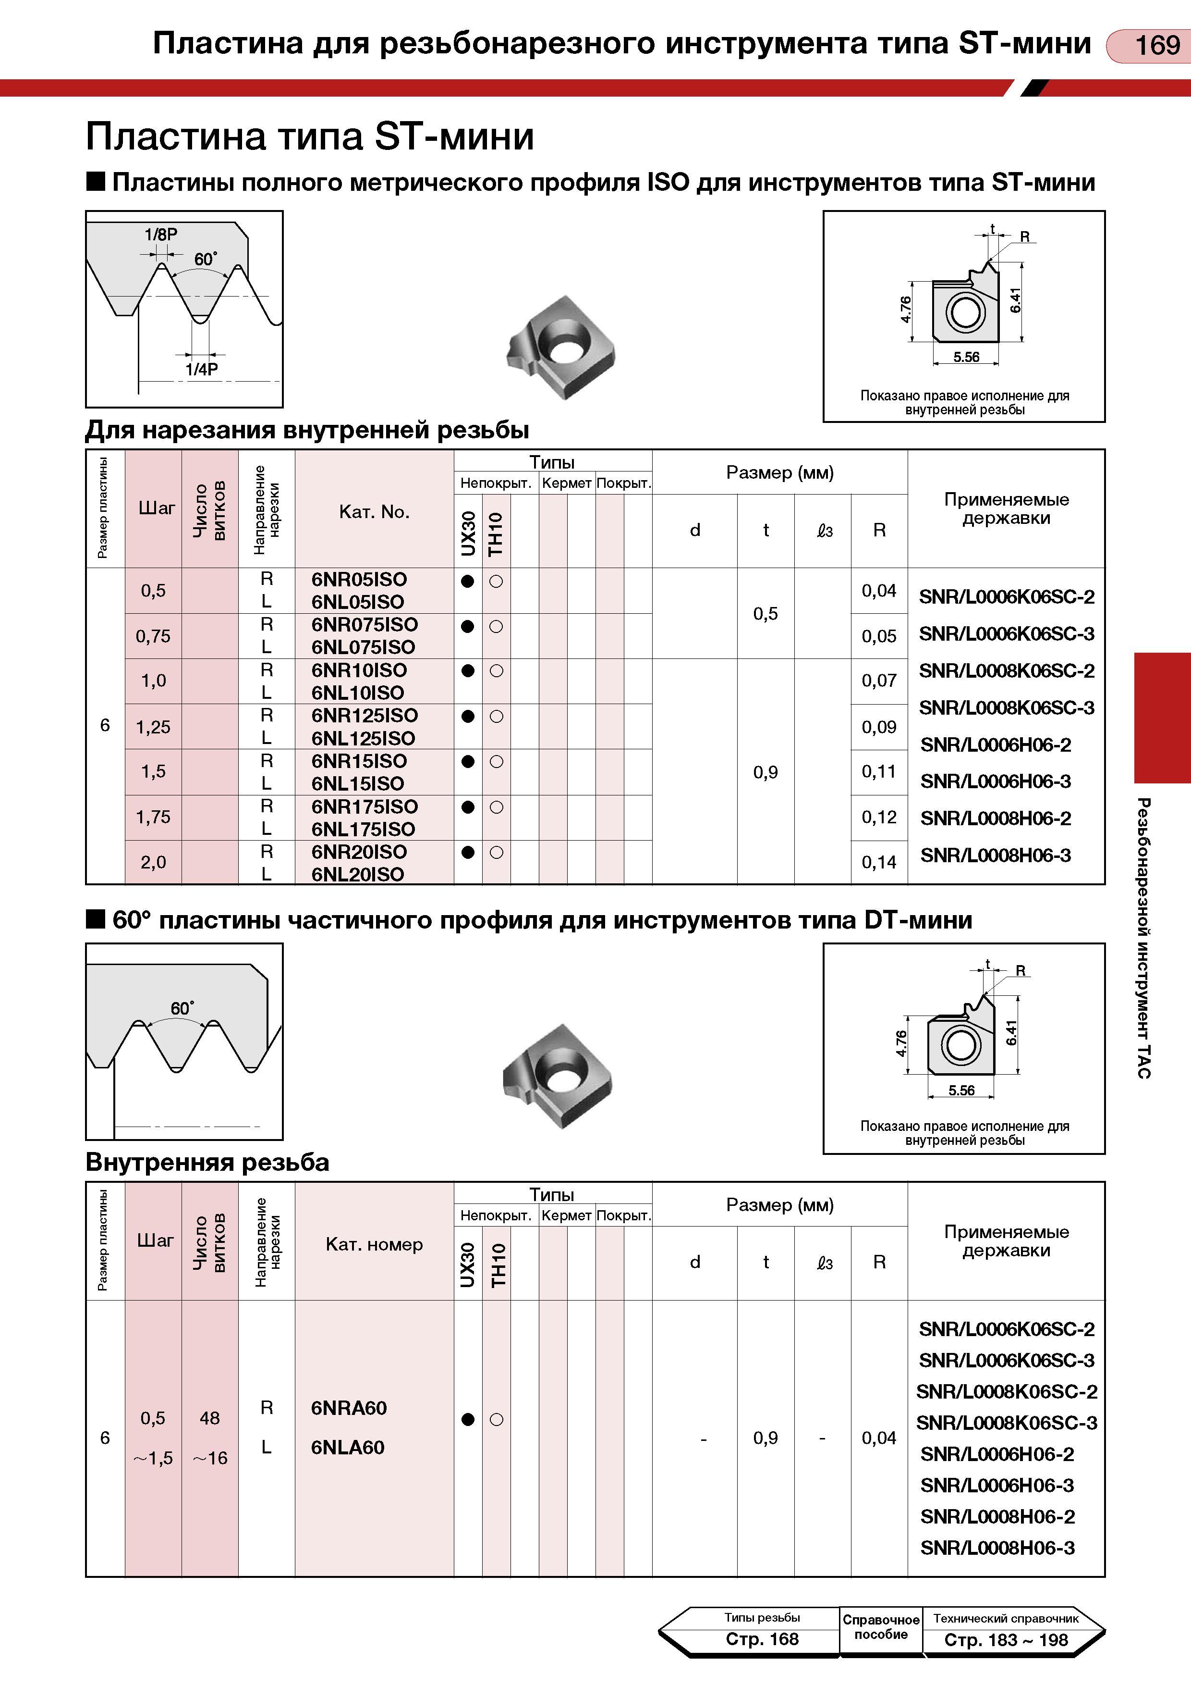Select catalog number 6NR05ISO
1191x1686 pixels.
click(x=359, y=579)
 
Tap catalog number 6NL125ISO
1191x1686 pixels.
click(x=363, y=738)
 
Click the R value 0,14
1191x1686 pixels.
click(x=879, y=862)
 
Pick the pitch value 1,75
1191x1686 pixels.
click(x=153, y=817)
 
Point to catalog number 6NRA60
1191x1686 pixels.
click(x=349, y=1408)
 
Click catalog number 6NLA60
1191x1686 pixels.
click(x=348, y=1447)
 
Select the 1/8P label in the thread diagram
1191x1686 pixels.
click(x=161, y=235)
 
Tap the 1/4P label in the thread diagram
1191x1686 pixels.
click(x=202, y=370)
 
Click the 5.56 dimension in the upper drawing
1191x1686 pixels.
click(x=966, y=357)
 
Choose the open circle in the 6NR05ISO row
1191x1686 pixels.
click(x=496, y=581)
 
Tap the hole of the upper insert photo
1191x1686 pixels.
click(x=565, y=347)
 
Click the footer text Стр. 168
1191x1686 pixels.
click(x=762, y=1639)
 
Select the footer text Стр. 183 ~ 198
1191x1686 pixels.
click(x=1006, y=1640)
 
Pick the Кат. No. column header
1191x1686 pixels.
click(x=374, y=512)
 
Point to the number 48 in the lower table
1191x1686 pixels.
click(x=210, y=1418)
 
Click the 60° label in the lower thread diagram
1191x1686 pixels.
click(x=182, y=1008)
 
